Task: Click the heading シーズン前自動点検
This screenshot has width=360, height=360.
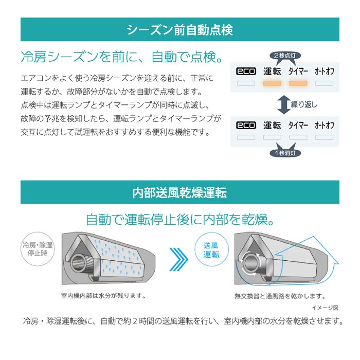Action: pos(180,30)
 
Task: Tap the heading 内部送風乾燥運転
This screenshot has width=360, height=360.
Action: pos(180,192)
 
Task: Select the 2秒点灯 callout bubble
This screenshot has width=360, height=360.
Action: pos(285,56)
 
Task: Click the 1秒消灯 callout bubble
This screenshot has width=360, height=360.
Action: pos(285,153)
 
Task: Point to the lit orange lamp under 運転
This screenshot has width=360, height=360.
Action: pos(272,83)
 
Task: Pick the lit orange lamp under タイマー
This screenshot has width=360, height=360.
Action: pos(298,83)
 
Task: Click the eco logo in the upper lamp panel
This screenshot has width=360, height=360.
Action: pos(246,71)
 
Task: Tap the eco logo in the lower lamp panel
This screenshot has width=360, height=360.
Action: pos(246,125)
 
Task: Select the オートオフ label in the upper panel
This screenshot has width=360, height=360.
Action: pos(324,71)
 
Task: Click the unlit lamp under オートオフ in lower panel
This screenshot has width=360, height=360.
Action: pos(324,137)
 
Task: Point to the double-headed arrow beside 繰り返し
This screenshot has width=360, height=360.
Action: pos(284,105)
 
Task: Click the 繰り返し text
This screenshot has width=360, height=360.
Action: pos(304,105)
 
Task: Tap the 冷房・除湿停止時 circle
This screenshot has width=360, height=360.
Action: pos(38,249)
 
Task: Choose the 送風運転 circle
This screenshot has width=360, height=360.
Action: pos(211,250)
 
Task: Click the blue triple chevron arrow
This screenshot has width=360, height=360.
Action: pos(178,259)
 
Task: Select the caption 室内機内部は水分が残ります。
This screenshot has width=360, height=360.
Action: pos(103,296)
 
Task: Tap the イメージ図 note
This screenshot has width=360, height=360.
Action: pos(325,308)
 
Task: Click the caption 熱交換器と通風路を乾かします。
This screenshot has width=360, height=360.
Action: pos(280,296)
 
